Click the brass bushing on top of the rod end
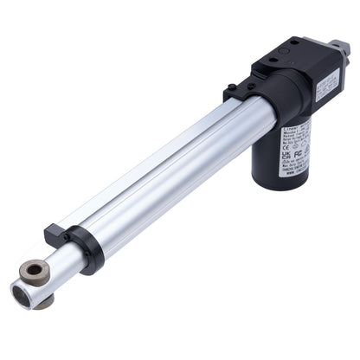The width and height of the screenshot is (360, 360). coord(35,271)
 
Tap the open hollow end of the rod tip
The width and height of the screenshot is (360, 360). coord(21,294)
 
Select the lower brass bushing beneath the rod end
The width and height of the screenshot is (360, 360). coord(43,302)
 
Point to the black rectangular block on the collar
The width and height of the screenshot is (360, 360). coord(55,235)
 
